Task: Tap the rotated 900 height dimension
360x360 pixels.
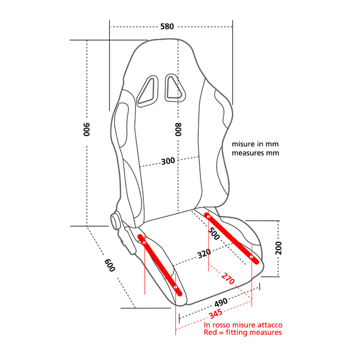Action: coord(86,130)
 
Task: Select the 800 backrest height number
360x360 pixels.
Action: coord(178,130)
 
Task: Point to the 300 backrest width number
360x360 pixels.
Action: coord(169,161)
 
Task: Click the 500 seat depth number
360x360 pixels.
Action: coord(214,232)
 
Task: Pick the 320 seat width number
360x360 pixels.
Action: coord(204,253)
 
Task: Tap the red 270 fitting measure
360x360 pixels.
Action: coord(227,278)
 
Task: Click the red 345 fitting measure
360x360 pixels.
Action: coord(215,313)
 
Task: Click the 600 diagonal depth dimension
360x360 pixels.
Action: coord(110,265)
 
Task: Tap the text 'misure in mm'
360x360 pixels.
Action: coord(256,145)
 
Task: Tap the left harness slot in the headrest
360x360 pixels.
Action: coord(146,91)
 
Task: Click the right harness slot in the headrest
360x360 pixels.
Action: coord(173,87)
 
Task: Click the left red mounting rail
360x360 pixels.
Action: coord(160,265)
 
